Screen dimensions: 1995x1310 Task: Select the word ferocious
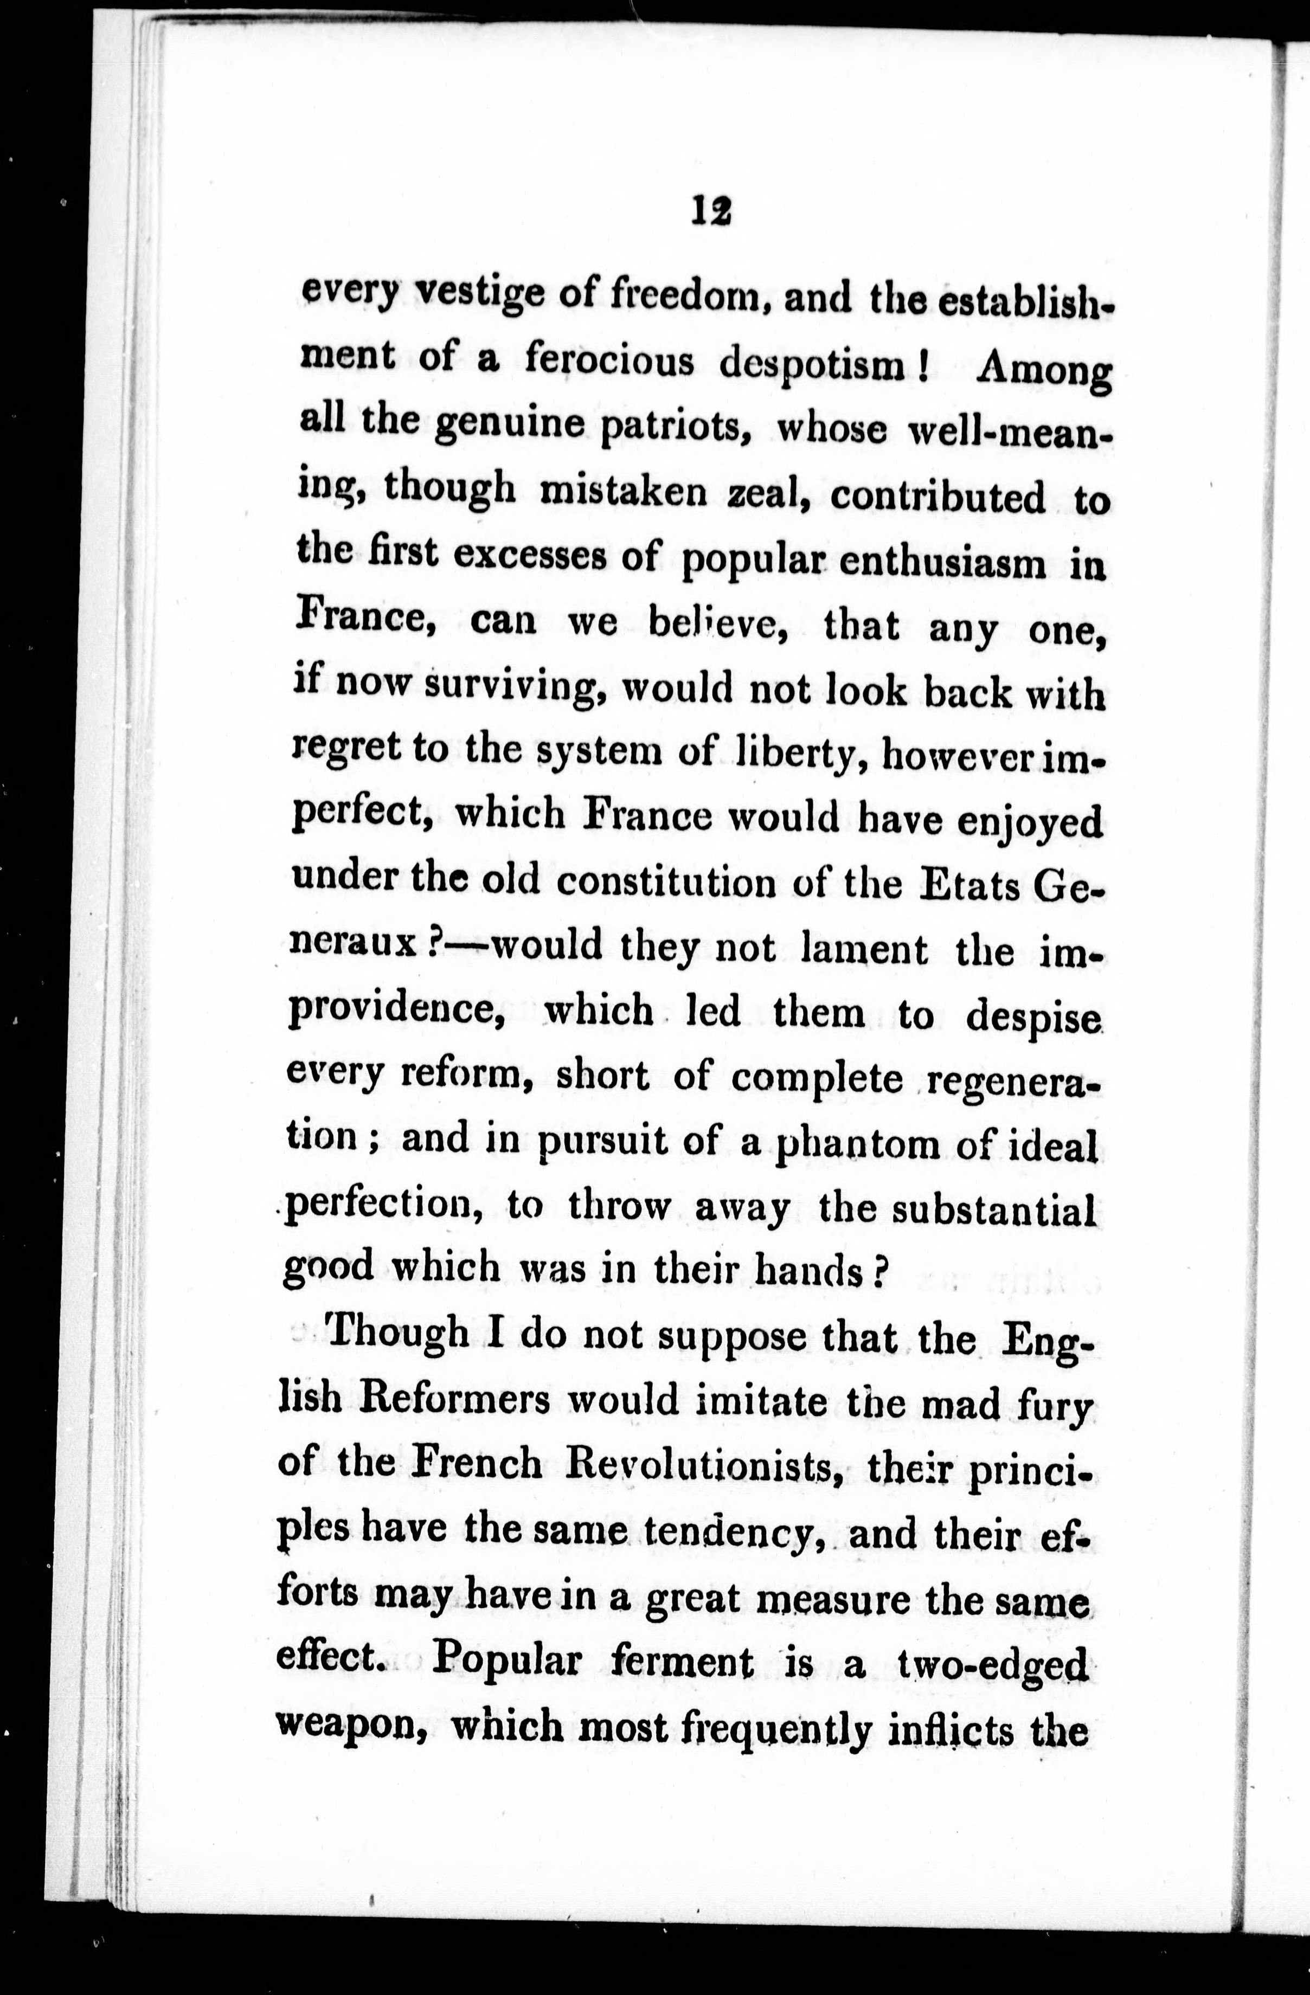pyautogui.click(x=610, y=361)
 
